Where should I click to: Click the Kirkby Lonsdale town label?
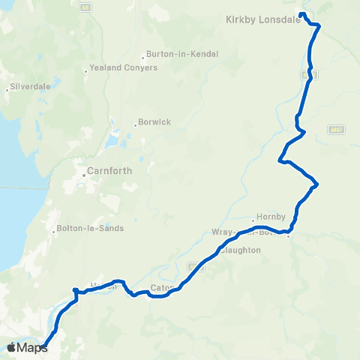[262, 21]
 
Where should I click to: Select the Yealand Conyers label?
[123, 67]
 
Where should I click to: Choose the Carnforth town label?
[109, 170]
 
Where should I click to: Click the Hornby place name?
[271, 217]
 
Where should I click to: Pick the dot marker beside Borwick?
[135, 124]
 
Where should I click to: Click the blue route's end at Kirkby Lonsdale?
[301, 14]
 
